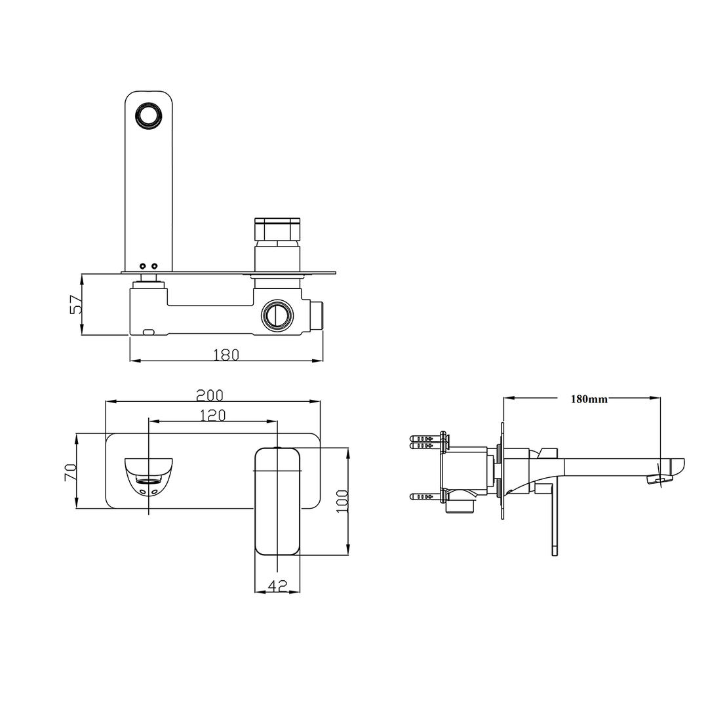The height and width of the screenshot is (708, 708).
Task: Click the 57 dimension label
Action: pyautogui.click(x=76, y=305)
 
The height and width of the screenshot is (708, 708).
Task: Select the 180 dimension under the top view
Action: pyautogui.click(x=226, y=355)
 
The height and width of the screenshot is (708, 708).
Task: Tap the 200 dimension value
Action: pyautogui.click(x=210, y=395)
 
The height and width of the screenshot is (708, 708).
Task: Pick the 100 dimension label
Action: pyautogui.click(x=341, y=501)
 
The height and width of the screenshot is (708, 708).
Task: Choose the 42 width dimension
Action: pyautogui.click(x=278, y=587)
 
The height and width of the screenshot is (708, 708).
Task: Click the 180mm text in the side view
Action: pyautogui.click(x=589, y=399)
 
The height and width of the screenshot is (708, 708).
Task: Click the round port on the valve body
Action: pyautogui.click(x=277, y=315)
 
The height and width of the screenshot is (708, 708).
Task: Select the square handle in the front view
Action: pyautogui.click(x=278, y=501)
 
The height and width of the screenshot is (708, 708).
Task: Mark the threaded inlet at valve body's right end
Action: pyautogui.click(x=317, y=316)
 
